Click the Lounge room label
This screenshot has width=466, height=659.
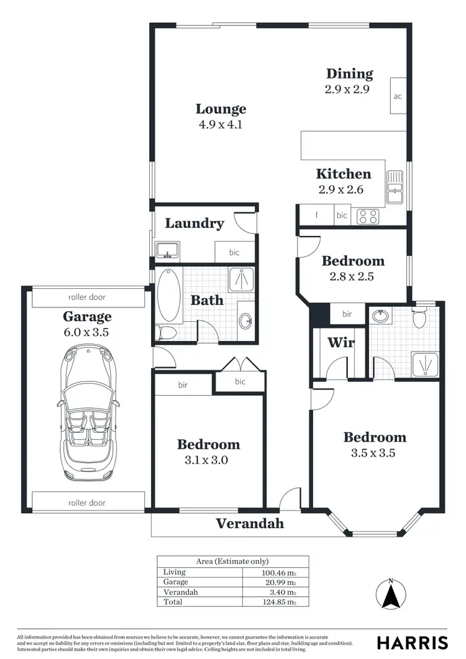(221, 109)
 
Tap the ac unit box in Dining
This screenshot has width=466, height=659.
(398, 96)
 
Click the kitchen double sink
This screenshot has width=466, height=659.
(394, 188)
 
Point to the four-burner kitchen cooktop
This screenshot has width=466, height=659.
(367, 216)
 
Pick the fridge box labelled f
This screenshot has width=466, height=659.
(316, 216)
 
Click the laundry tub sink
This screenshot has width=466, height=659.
(167, 251)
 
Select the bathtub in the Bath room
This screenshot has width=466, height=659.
(168, 294)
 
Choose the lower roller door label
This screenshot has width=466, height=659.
(87, 502)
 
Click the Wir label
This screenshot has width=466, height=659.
(340, 342)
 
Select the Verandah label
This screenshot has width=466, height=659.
(250, 524)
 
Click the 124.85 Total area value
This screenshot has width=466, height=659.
(278, 602)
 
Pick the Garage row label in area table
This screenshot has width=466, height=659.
(175, 582)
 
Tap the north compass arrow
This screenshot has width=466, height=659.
(390, 597)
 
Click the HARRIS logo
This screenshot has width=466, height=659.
(412, 642)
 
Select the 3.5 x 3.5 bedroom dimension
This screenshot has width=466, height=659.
(375, 453)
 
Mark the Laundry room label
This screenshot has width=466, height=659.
(194, 223)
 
